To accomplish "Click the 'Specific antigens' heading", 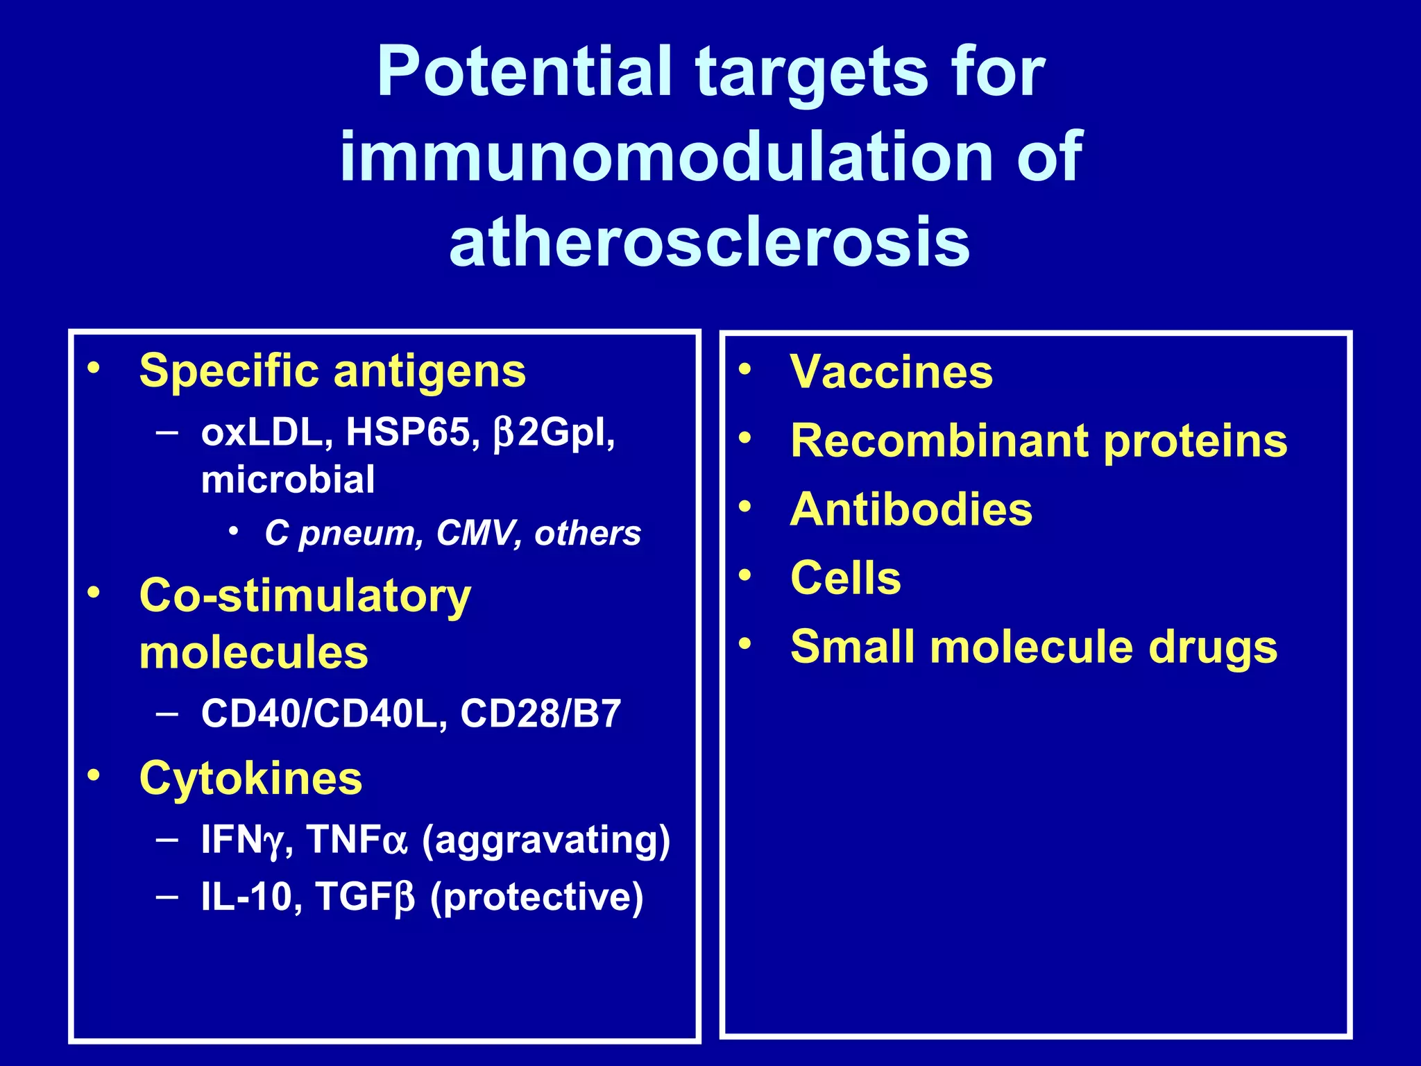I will pos(332,371).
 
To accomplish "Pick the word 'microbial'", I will pos(288,480).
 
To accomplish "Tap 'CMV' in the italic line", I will pos(479,534).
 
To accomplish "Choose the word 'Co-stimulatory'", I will pos(305,596).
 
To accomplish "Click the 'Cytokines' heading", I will pos(250,778).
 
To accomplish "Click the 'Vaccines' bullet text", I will pos(891,373).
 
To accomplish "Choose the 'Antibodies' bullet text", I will pos(910,510).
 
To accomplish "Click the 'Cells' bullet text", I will pos(845,578).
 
